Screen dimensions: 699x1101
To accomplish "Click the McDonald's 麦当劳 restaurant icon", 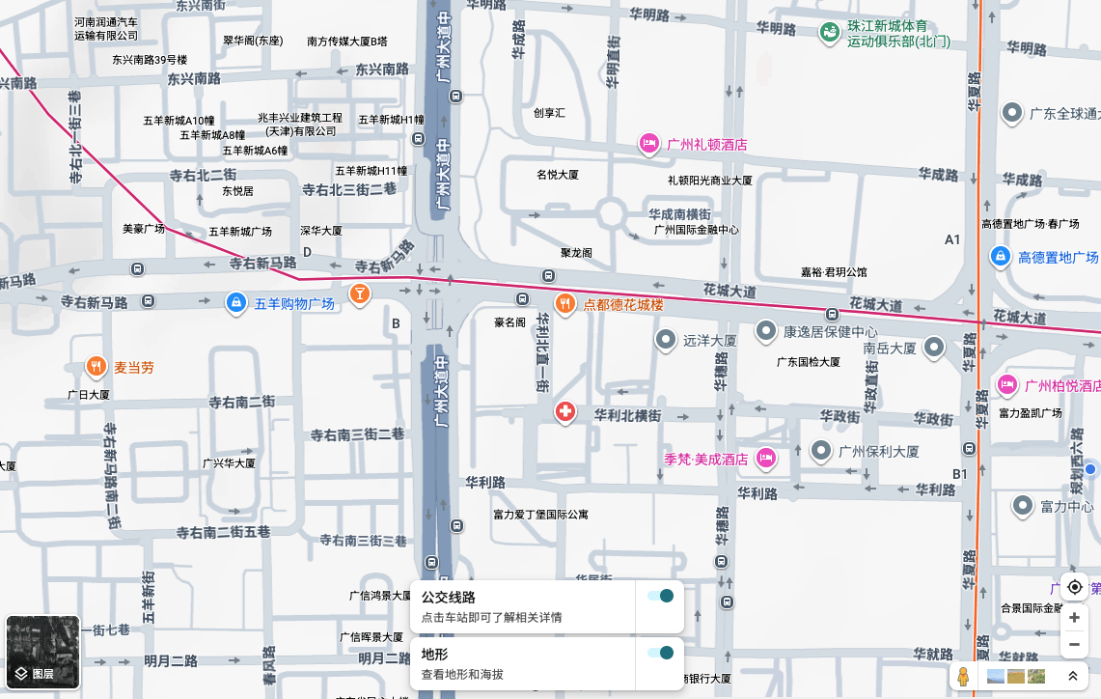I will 96,367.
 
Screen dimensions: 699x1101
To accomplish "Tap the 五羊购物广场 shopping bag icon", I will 235,303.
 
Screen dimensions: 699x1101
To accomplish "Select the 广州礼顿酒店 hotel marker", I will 649,145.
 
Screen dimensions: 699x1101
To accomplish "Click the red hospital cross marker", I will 565,412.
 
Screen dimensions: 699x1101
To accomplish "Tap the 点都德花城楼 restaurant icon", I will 565,303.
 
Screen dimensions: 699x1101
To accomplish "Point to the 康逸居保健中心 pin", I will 766,331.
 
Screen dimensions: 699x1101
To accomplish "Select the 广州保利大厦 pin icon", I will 821,450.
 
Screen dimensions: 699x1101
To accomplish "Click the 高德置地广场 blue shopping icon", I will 1001,257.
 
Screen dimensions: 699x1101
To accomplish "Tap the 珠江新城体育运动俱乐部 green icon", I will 829,34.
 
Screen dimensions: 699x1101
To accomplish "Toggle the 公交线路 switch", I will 661,596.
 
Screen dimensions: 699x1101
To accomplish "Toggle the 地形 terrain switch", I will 661,653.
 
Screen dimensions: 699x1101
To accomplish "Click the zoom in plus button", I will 1074,617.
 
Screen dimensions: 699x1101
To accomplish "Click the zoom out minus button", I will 1074,644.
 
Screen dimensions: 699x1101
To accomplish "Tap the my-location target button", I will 1074,587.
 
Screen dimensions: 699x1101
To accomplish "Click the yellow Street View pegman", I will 963,676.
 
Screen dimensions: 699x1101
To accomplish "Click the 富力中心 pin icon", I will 1023,505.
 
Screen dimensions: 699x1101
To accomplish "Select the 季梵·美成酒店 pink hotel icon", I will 766,459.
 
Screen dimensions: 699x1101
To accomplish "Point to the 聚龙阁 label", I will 576,252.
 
